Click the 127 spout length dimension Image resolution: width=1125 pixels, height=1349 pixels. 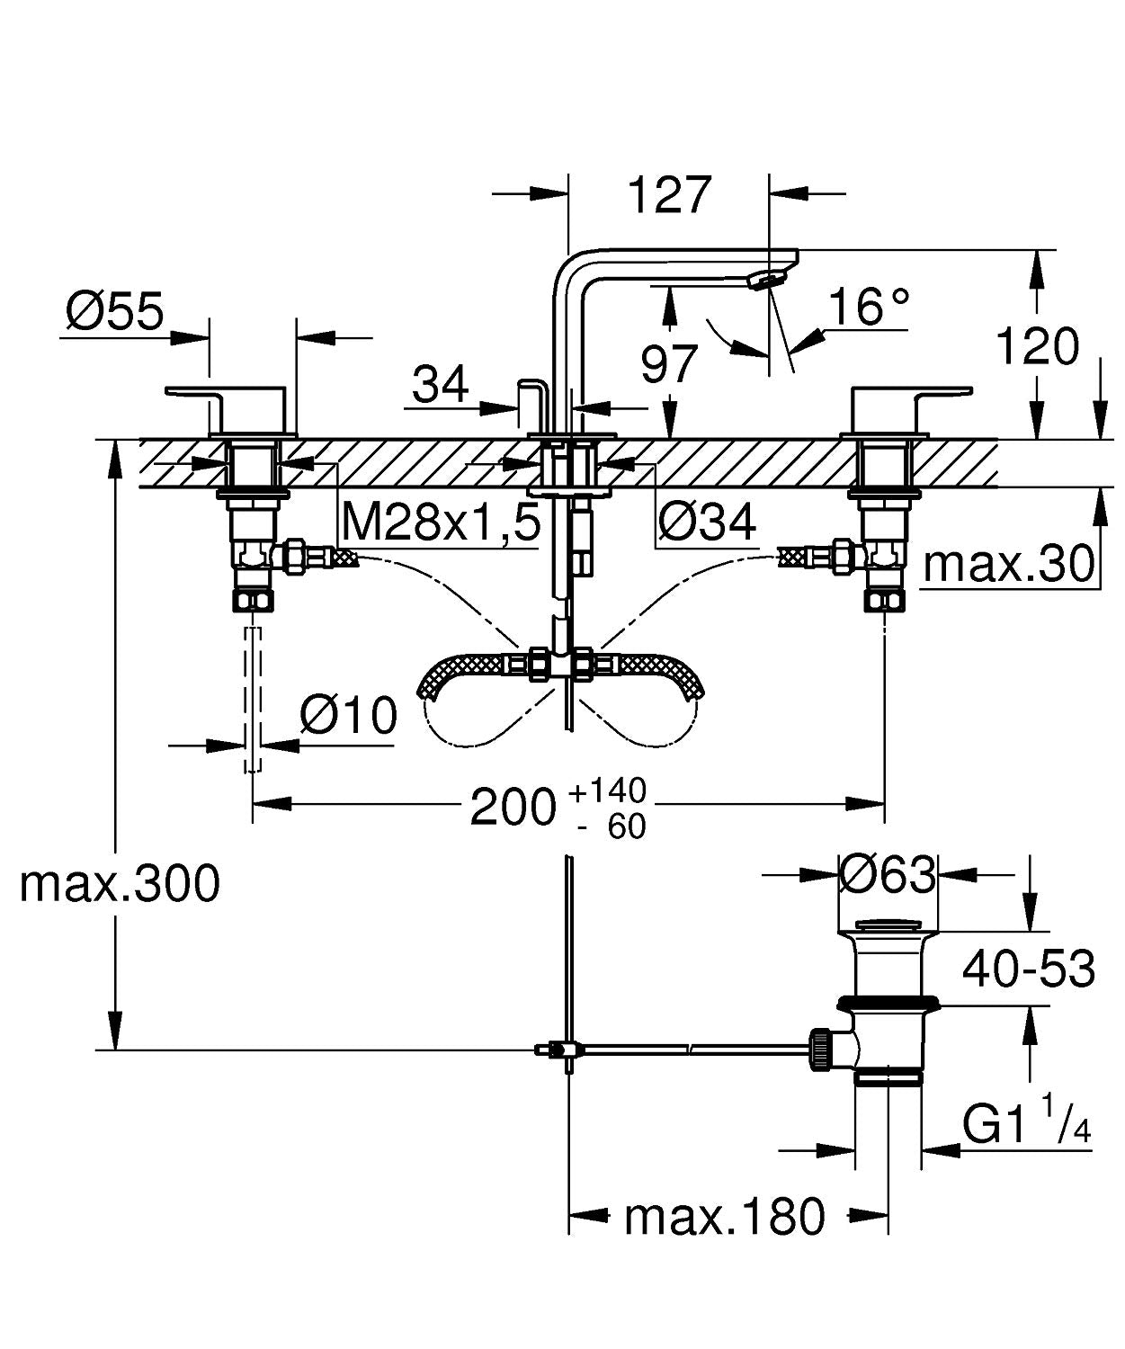coord(670,194)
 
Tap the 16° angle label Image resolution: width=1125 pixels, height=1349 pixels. coord(868,307)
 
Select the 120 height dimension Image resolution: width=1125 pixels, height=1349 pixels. coord(1037,346)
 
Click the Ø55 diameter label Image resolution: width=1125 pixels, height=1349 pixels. coord(115,312)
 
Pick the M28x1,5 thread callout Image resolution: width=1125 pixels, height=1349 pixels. coord(441,521)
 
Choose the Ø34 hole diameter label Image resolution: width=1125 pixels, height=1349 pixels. coord(707,521)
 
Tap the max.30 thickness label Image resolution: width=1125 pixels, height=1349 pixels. coord(1009,564)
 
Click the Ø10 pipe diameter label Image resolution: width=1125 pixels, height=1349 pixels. coord(348,716)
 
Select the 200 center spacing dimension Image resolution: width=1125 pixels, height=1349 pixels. coord(513,807)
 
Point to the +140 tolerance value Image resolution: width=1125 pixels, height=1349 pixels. coord(607,791)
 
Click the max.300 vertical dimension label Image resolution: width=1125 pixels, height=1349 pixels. coord(120,883)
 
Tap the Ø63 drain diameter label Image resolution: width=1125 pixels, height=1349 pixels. coord(887,873)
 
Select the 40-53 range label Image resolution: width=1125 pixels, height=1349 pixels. coord(1028,969)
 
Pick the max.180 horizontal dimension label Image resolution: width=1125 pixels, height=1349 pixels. coord(724,1217)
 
